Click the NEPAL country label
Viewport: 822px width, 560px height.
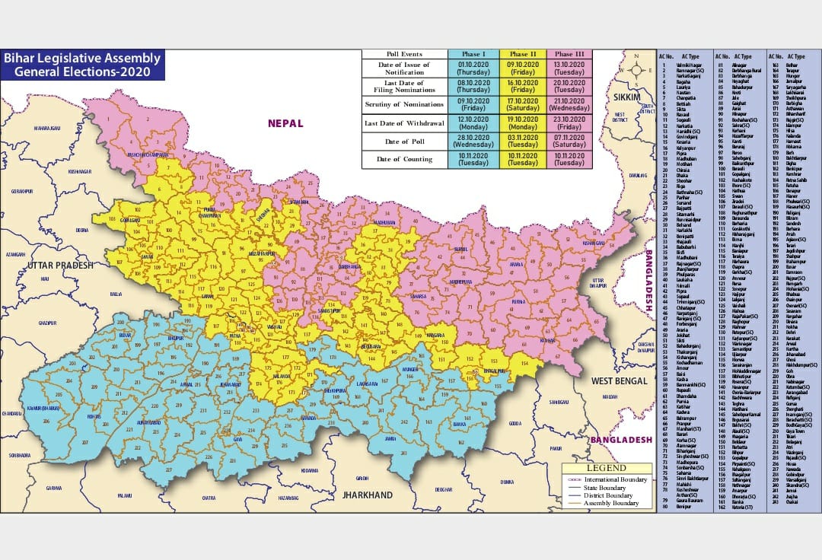point(285,123)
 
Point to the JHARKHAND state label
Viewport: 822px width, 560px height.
point(368,495)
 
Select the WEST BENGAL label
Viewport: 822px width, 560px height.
point(619,380)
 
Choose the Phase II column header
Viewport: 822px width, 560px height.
point(524,54)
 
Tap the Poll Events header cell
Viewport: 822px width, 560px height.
point(404,54)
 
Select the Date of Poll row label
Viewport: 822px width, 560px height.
point(404,142)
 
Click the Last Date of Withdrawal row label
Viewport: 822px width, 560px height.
point(404,123)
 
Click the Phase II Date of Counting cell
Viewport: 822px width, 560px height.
point(524,159)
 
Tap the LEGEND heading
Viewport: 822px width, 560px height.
point(607,468)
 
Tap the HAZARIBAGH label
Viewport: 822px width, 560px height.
point(288,497)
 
